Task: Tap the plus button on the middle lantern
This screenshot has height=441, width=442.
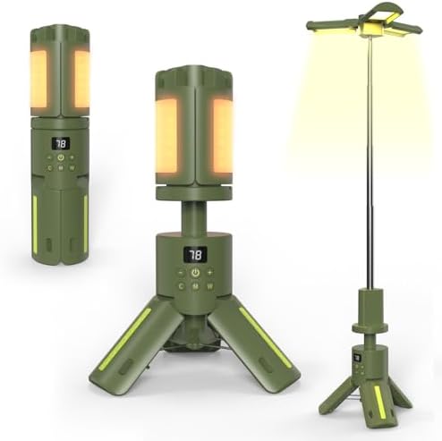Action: click(210, 272)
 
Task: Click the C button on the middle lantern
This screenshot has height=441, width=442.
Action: click(182, 287)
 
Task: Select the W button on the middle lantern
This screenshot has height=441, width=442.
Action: click(210, 287)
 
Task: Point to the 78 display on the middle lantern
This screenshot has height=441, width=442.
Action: click(196, 255)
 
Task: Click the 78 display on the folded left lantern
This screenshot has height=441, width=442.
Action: click(61, 143)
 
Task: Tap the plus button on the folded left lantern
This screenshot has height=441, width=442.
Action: click(72, 157)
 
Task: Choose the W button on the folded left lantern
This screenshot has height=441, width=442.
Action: click(72, 167)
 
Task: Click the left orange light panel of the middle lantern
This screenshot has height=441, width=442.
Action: click(166, 135)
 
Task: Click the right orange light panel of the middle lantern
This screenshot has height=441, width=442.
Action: click(222, 135)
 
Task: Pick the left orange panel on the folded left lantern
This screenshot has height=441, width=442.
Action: click(39, 81)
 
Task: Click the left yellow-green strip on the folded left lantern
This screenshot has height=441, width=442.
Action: click(36, 224)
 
